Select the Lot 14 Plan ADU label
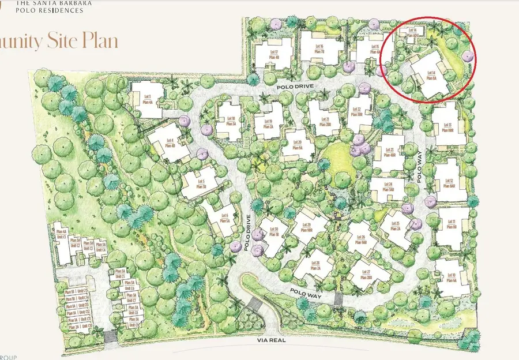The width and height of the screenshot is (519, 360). click(412, 32)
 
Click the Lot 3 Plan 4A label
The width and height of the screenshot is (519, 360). click(147, 99)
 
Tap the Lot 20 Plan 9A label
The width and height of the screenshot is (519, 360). click(298, 144)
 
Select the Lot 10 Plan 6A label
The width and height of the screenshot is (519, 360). click(450, 278)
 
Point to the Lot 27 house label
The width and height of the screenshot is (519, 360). click(364, 275)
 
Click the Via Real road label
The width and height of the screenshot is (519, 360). click(272, 340)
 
